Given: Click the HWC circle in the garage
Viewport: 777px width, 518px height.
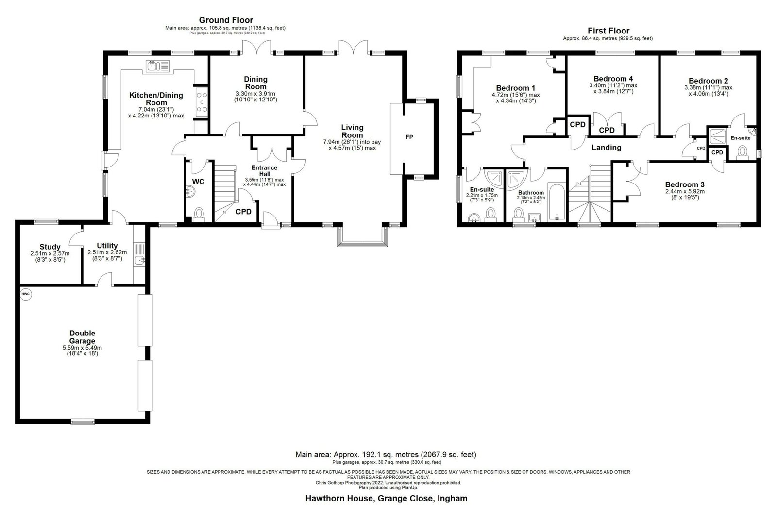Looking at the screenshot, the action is click(x=26, y=294).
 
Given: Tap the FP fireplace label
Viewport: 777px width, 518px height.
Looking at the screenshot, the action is click(x=409, y=137).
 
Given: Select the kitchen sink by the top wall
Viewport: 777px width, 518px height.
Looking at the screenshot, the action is click(x=158, y=66).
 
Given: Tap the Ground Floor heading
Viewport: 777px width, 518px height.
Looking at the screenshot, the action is click(x=226, y=20).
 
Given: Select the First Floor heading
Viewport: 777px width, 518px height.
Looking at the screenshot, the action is click(x=608, y=31).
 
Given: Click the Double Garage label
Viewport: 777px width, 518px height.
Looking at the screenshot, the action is click(x=82, y=337).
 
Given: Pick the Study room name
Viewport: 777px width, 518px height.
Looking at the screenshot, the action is click(x=50, y=247).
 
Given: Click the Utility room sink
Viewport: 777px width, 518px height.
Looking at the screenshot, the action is click(x=139, y=260).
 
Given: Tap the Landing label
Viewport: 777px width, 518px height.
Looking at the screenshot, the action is click(x=607, y=148).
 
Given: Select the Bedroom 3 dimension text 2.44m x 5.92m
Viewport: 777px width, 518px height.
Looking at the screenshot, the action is click(x=685, y=191).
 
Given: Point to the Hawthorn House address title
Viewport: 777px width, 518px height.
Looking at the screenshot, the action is click(x=387, y=498).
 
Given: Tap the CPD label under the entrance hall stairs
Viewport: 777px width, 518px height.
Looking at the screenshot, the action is click(x=243, y=212).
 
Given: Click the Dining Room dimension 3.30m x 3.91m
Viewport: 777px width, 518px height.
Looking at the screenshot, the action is click(x=255, y=94).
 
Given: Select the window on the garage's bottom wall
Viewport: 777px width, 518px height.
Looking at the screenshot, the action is click(x=83, y=422).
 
